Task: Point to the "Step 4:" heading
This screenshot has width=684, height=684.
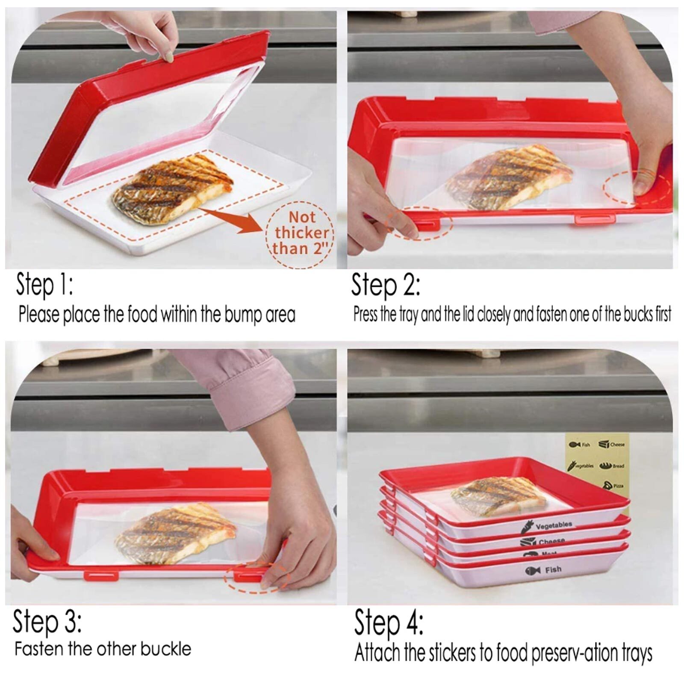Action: pyautogui.click(x=389, y=624)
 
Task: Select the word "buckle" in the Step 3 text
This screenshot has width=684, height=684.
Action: pyautogui.click(x=165, y=649)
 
